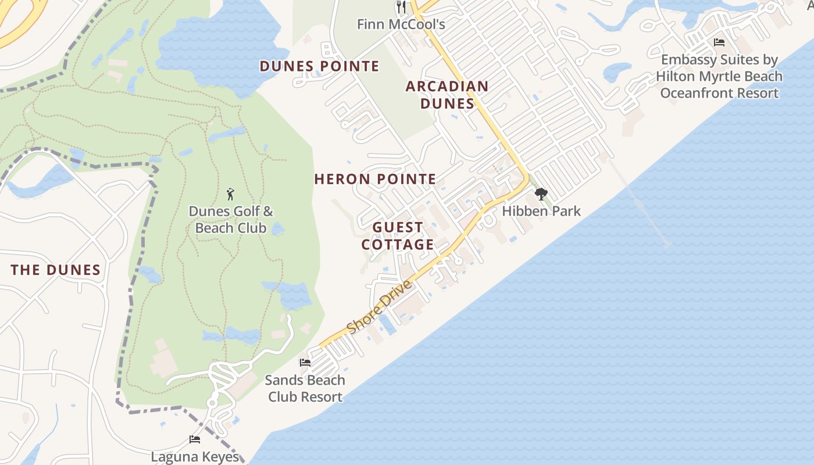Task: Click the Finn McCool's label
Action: click(401, 24)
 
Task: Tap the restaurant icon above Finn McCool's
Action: click(401, 7)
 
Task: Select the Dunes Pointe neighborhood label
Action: click(319, 66)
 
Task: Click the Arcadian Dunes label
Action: click(447, 95)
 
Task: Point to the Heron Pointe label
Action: click(375, 179)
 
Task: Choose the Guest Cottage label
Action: click(398, 236)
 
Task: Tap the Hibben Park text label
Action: click(541, 211)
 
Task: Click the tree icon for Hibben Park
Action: click(541, 194)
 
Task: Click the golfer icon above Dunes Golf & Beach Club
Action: click(231, 194)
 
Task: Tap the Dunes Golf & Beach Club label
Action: click(231, 220)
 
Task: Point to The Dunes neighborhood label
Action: click(56, 270)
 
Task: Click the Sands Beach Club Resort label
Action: click(305, 388)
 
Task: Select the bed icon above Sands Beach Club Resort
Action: click(305, 363)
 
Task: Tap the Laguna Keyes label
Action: click(195, 457)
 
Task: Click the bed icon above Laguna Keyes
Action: click(195, 439)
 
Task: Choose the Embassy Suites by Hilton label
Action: click(719, 76)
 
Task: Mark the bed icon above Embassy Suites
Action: click(719, 42)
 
